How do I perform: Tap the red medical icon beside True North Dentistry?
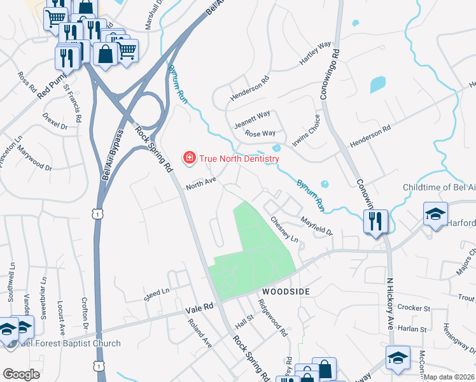click(189, 157)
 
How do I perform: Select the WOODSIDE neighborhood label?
click(285, 291)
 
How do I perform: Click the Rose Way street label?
click(260, 134)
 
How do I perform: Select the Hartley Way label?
click(316, 54)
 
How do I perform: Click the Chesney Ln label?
click(284, 229)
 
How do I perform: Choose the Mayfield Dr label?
click(318, 225)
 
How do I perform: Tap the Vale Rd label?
click(199, 308)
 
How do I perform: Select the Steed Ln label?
click(157, 294)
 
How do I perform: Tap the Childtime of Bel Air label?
click(439, 187)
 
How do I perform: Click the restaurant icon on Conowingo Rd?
click(375, 220)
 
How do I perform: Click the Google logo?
click(21, 374)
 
